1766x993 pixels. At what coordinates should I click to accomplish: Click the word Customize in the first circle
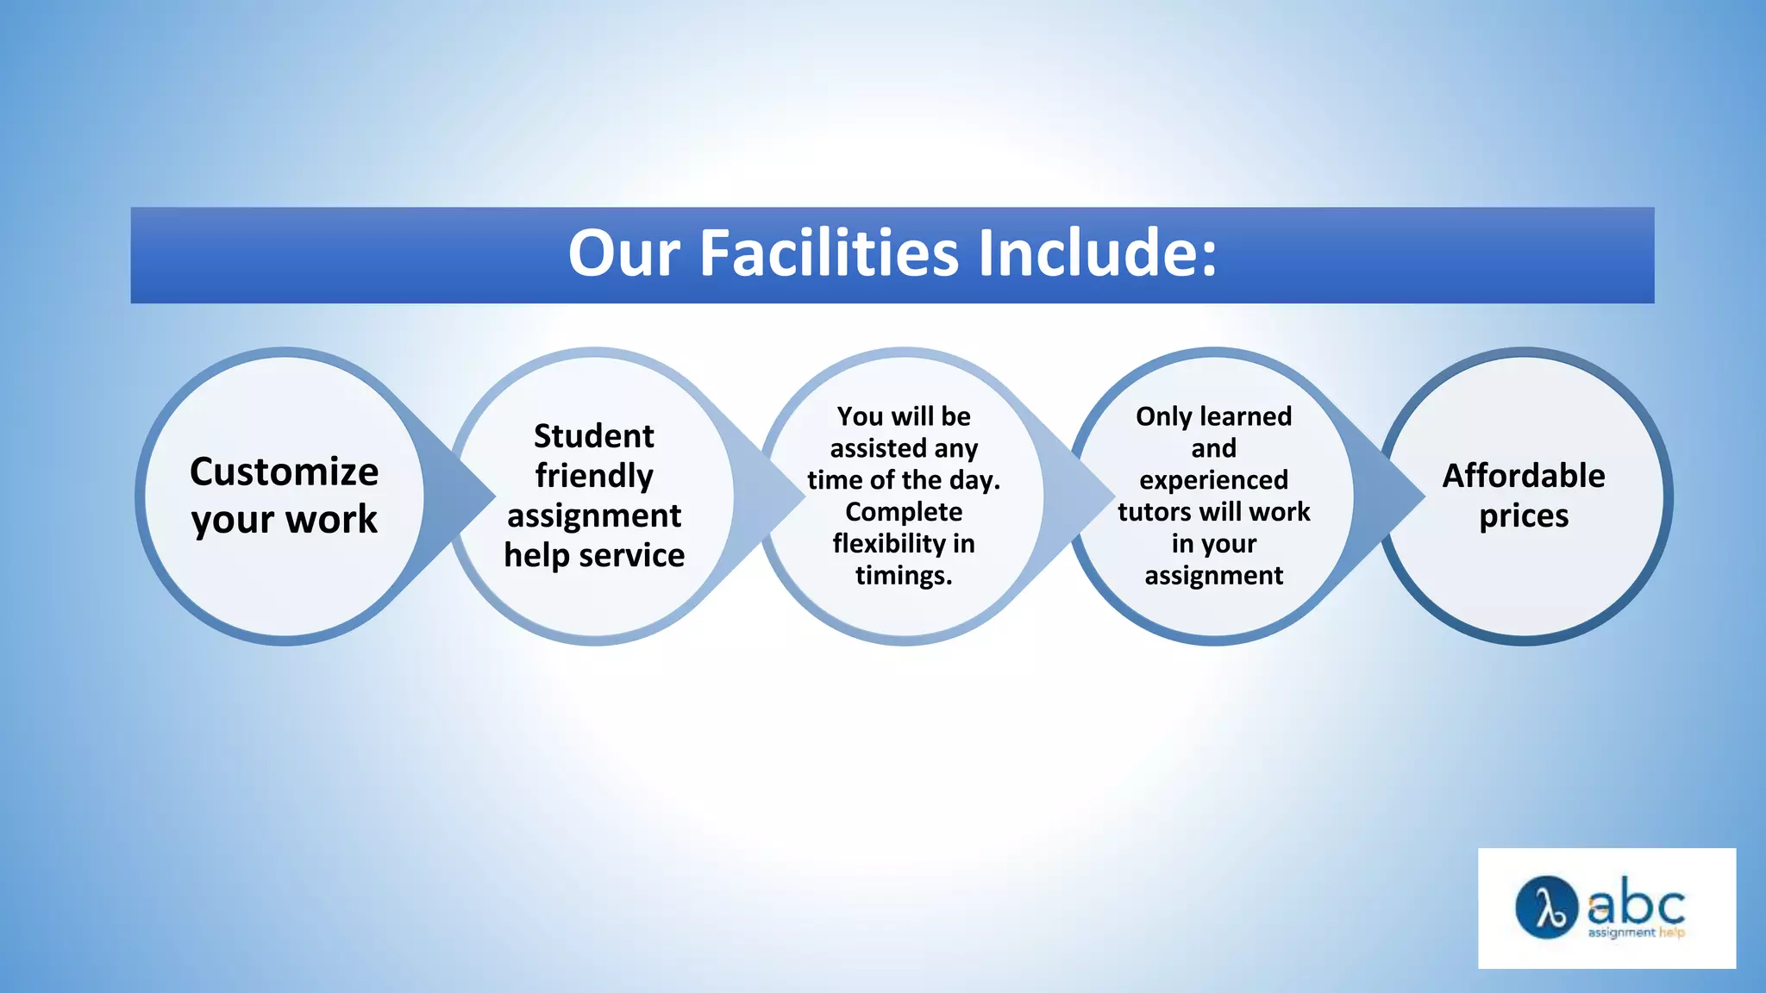click(x=284, y=472)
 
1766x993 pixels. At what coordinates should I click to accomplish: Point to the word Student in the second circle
click(x=593, y=436)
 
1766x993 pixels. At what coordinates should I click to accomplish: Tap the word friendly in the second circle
click(x=593, y=476)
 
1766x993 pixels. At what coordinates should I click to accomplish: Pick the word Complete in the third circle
click(x=903, y=512)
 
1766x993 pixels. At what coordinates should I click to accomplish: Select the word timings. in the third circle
click(x=903, y=576)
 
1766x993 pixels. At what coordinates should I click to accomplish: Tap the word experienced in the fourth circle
click(x=1213, y=480)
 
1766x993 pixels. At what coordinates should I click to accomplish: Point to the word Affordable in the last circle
click(x=1523, y=476)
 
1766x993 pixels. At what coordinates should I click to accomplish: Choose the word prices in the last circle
click(x=1523, y=516)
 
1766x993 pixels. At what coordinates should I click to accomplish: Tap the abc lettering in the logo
click(x=1636, y=904)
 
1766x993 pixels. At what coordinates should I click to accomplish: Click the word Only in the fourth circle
click(x=1163, y=416)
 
